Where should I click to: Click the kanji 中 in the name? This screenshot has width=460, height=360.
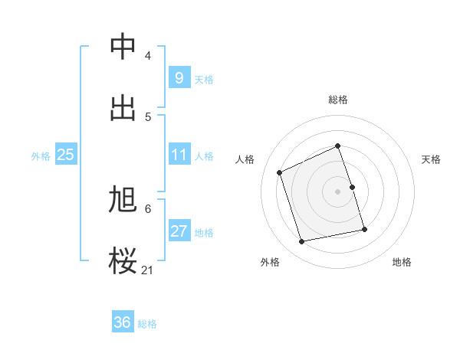(x=123, y=47)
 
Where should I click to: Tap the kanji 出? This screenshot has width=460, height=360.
(x=123, y=109)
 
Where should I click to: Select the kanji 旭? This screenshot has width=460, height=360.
(x=123, y=199)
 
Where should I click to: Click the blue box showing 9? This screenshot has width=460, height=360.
(x=179, y=77)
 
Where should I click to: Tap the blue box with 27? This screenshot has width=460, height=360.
(x=179, y=231)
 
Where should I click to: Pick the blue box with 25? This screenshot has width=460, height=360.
(x=65, y=154)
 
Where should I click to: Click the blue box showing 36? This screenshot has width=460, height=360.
(x=123, y=322)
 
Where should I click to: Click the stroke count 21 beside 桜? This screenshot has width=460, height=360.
(x=148, y=270)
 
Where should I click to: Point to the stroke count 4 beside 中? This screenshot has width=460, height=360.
(x=148, y=55)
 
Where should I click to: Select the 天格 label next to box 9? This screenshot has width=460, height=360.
(x=203, y=79)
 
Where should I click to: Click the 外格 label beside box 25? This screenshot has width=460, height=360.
(x=41, y=155)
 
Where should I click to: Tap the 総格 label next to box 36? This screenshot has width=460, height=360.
(x=147, y=324)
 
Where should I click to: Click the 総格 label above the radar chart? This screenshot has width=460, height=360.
(x=338, y=100)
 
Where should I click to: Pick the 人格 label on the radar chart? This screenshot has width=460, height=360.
(x=245, y=159)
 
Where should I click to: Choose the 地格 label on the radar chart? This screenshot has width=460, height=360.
(x=402, y=262)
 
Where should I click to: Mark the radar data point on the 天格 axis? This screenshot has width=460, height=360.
(x=353, y=187)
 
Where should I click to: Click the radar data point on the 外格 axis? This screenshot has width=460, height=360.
(x=302, y=241)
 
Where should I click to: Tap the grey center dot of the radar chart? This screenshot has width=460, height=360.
(x=338, y=191)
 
